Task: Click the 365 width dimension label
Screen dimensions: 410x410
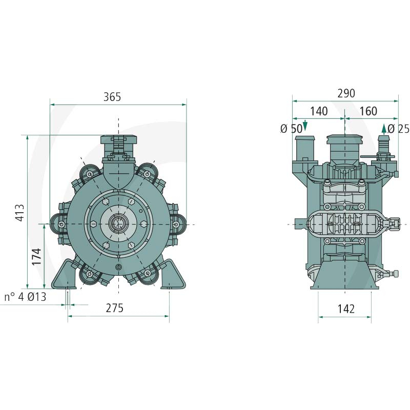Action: click(x=112, y=97)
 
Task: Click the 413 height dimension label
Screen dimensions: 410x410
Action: click(x=20, y=213)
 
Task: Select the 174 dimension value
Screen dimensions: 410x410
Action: click(x=36, y=257)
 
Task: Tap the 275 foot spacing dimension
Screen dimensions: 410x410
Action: click(x=114, y=308)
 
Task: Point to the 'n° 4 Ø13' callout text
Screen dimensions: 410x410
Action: click(x=25, y=297)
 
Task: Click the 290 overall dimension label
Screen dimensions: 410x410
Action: click(x=346, y=93)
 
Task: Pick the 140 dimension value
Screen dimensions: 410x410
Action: click(x=319, y=111)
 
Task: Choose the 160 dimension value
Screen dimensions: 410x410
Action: click(x=368, y=111)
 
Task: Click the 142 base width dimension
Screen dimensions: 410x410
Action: click(x=346, y=309)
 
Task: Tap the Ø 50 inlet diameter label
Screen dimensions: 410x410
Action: click(x=291, y=129)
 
